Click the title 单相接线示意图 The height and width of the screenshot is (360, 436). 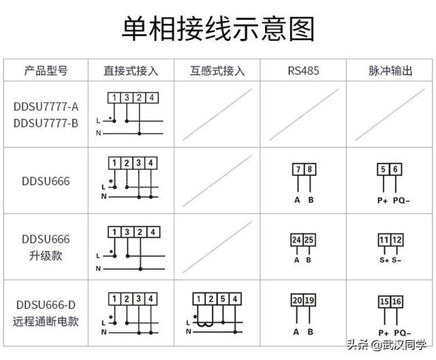pyautogui.click(x=218, y=29)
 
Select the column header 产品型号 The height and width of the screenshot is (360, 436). pyautogui.click(x=46, y=71)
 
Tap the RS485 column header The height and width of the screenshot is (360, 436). pyautogui.click(x=303, y=71)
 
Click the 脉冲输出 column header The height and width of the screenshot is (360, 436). pyautogui.click(x=390, y=71)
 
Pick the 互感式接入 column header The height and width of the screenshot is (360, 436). pyautogui.click(x=217, y=71)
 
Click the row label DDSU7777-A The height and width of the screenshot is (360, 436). pyautogui.click(x=46, y=106)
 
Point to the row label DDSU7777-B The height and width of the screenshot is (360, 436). pyautogui.click(x=46, y=123)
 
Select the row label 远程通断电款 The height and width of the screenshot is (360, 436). pyautogui.click(x=46, y=321)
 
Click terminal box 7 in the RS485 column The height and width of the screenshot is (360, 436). pyautogui.click(x=298, y=169)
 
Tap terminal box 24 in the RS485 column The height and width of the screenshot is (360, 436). pyautogui.click(x=297, y=240)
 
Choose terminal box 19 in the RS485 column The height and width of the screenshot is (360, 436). pyautogui.click(x=309, y=300)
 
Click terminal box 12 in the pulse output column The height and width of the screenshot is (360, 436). pyautogui.click(x=396, y=240)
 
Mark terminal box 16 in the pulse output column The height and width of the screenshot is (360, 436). pyautogui.click(x=396, y=301)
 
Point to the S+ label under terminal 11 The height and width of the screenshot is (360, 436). pyautogui.click(x=384, y=260)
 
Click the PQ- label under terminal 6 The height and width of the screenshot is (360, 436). pyautogui.click(x=401, y=200)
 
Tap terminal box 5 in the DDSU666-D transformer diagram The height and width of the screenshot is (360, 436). pyautogui.click(x=223, y=299)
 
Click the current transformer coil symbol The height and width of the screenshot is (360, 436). pyautogui.click(x=205, y=324)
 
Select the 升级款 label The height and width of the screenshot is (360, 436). pyautogui.click(x=46, y=256)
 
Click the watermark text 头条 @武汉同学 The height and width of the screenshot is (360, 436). pyautogui.click(x=387, y=345)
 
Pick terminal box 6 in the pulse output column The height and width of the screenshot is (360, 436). pyautogui.click(x=395, y=169)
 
